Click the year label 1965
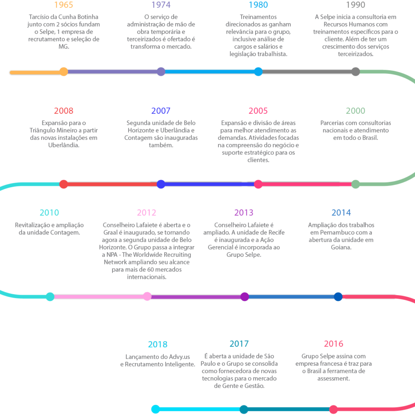coord(63,5)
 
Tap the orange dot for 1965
coord(63,72)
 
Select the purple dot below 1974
coord(161,72)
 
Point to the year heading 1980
coord(258,5)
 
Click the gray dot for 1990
coord(356,72)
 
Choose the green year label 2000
coord(356,111)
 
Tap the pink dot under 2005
coord(258,184)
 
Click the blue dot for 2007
coord(161,184)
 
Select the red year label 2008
coord(63,111)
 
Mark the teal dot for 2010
coord(50,297)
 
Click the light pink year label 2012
coord(146,212)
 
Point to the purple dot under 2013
coord(244,297)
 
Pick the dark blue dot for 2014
coord(338,297)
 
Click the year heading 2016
coord(334,344)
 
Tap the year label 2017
coord(239,344)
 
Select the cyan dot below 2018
coord(156,409)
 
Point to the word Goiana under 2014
coord(341,247)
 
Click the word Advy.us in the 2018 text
coord(179,357)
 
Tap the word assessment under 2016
coord(334,378)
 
